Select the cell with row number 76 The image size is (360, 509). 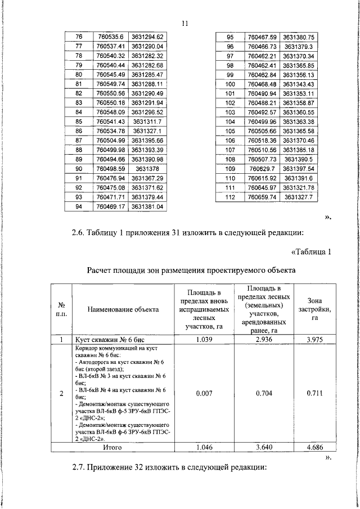[x=79, y=37]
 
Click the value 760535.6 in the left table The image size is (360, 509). [x=110, y=37]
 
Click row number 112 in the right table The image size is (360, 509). [x=229, y=197]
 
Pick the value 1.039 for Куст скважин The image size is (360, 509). [x=204, y=340]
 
